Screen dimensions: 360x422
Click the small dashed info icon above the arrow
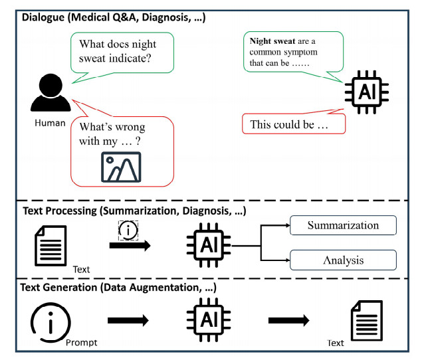[128, 229]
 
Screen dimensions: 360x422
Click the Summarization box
[343, 225]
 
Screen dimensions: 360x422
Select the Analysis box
[343, 259]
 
